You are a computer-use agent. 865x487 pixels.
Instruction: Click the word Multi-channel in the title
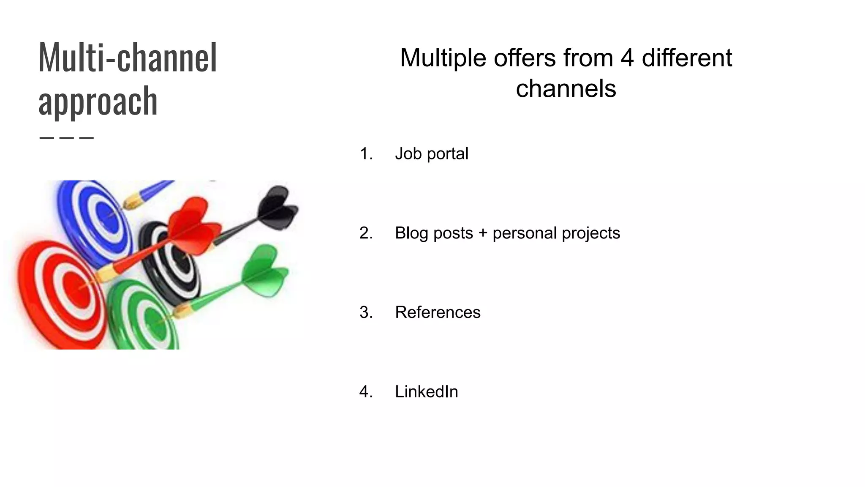[128, 58]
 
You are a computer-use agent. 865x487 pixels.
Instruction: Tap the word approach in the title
[98, 101]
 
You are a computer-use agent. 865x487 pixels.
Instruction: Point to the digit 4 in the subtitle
[627, 58]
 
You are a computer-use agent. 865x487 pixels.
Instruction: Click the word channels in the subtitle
[566, 89]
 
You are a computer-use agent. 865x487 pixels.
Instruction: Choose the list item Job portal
[431, 154]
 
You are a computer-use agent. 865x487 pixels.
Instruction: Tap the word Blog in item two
[413, 233]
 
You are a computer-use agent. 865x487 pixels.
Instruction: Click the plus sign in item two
[483, 233]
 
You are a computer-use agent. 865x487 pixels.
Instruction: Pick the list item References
[438, 312]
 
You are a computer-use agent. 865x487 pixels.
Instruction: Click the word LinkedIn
[426, 392]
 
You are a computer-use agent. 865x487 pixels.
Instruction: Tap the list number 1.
[366, 154]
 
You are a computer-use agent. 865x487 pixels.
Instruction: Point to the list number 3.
[366, 312]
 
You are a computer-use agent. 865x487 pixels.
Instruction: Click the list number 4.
[366, 392]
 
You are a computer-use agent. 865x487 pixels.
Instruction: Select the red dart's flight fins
[194, 226]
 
